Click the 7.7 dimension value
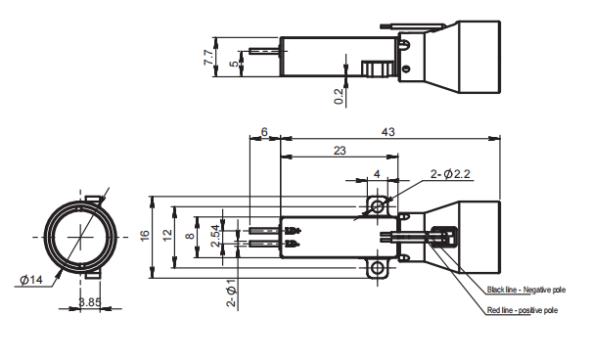click(x=207, y=58)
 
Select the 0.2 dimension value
click(x=339, y=95)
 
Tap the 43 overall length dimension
click(x=387, y=131)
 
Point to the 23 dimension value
click(x=339, y=150)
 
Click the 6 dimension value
click(x=264, y=131)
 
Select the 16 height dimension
click(x=144, y=236)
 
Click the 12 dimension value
click(x=166, y=236)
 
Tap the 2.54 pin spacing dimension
click(x=215, y=236)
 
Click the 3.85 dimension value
click(x=89, y=302)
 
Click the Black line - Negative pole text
click(x=526, y=291)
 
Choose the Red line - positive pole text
click(x=523, y=310)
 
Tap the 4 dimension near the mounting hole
click(x=378, y=174)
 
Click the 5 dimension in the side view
click(x=232, y=65)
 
